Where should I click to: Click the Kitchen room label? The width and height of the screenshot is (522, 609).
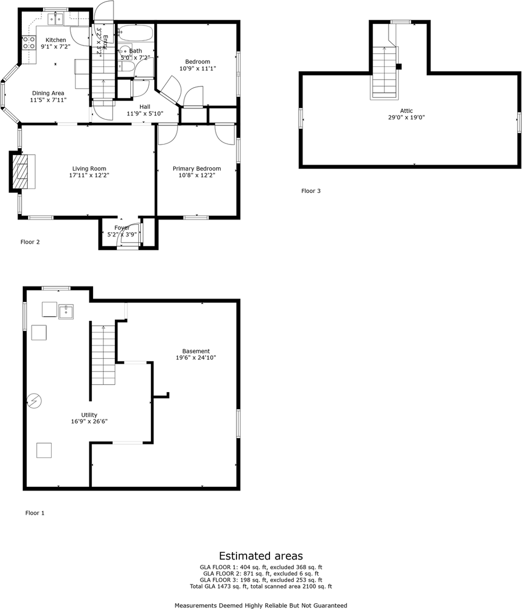point(56,40)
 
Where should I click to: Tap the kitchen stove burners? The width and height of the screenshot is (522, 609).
point(28,43)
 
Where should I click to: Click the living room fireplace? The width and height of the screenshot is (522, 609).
point(23,172)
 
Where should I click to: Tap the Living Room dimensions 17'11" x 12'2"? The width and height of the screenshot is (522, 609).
point(89,175)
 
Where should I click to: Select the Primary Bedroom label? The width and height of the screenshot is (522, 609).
point(197,168)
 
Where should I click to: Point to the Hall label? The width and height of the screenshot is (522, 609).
point(145,107)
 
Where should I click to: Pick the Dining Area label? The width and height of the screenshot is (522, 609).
point(48,93)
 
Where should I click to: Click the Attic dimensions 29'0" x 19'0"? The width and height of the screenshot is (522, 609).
point(407,117)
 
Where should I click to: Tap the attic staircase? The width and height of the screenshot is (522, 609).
point(384,72)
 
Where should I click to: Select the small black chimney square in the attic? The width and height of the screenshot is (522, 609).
point(399,66)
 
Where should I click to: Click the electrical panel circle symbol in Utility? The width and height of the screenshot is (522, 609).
point(34,401)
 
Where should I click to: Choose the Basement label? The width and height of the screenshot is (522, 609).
point(196,351)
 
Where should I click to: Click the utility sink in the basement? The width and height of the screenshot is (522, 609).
point(66,312)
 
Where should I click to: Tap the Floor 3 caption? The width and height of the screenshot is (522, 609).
point(311,191)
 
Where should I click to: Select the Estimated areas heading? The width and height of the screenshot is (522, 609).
point(261,556)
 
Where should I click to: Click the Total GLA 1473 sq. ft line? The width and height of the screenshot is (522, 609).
point(261,587)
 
